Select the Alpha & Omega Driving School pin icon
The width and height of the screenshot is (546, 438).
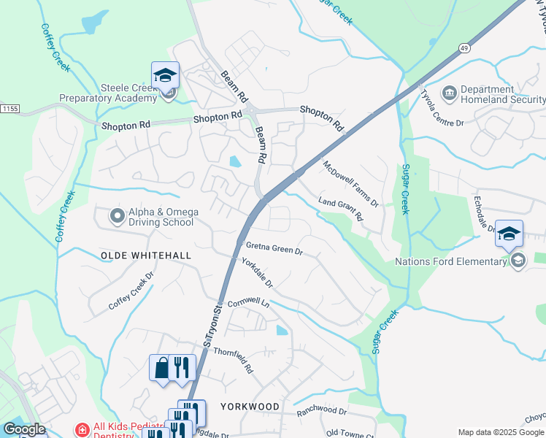(x=117, y=216)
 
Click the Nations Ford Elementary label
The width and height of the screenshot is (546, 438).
(x=450, y=261)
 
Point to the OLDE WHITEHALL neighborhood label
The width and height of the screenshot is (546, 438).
(x=146, y=255)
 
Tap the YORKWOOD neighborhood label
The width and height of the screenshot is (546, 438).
(x=250, y=406)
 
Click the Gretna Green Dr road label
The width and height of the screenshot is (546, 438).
(x=274, y=248)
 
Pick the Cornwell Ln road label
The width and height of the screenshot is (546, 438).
(x=248, y=303)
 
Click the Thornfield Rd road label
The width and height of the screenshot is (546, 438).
(x=232, y=359)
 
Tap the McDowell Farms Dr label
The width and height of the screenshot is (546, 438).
(x=352, y=183)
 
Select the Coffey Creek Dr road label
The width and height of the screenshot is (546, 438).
(x=131, y=292)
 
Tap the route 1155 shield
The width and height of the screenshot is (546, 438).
(x=9, y=108)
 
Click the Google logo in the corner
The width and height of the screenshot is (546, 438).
(x=24, y=429)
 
